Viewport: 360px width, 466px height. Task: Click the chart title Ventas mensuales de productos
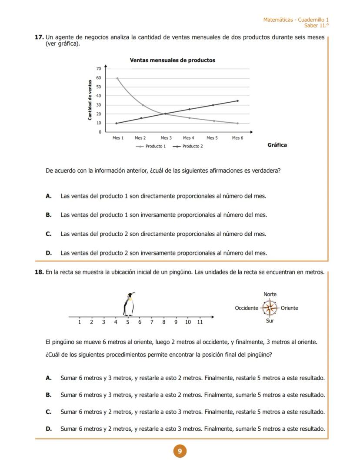(x=172, y=60)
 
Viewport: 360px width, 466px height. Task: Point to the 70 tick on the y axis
(x=99, y=69)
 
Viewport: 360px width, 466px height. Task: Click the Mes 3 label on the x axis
(x=166, y=138)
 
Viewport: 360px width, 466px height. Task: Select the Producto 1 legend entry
(x=151, y=146)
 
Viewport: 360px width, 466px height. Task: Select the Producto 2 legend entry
(x=188, y=146)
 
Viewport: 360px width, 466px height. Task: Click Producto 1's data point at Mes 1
(x=117, y=78)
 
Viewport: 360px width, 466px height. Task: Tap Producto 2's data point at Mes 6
(x=237, y=101)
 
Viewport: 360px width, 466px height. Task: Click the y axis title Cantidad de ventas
(x=90, y=100)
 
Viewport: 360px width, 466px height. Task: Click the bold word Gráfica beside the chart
(x=277, y=145)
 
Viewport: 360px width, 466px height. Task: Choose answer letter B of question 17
(x=49, y=215)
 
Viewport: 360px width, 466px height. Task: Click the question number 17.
(x=39, y=37)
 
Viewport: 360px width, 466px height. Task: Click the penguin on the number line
(x=129, y=304)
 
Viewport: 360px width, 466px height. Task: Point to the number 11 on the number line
(x=200, y=322)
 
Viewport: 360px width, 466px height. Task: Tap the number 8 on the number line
(x=164, y=322)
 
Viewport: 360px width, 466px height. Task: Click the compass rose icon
(x=270, y=308)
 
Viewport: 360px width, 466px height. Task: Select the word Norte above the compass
(x=270, y=295)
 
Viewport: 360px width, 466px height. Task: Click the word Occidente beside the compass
(x=247, y=308)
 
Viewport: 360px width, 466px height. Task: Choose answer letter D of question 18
(x=49, y=429)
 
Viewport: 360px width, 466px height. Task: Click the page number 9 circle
(x=180, y=451)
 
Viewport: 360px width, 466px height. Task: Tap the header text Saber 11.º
(x=317, y=26)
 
